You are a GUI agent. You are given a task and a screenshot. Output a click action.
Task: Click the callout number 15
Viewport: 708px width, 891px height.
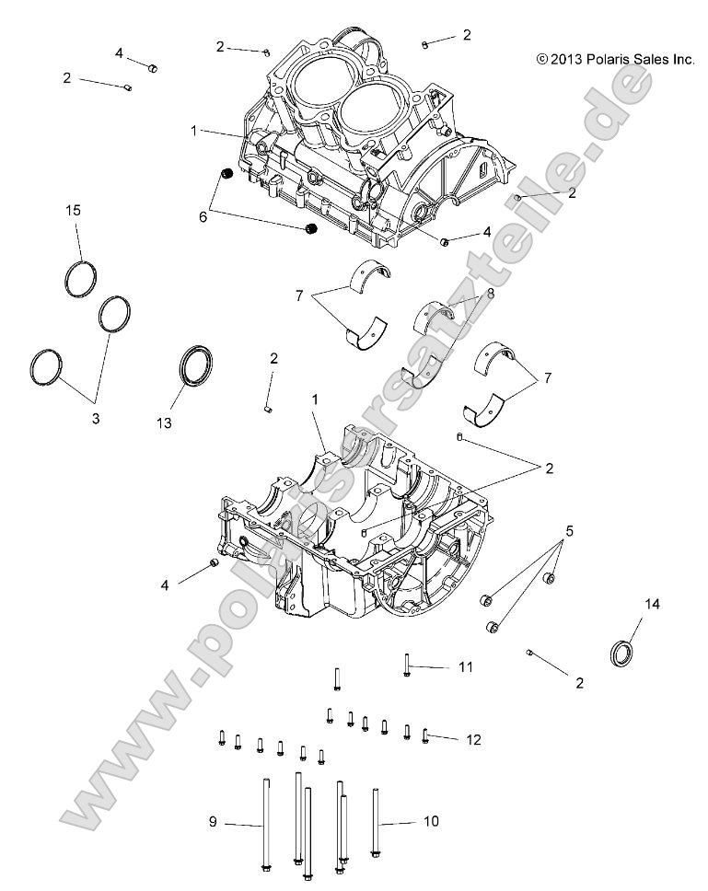click(73, 211)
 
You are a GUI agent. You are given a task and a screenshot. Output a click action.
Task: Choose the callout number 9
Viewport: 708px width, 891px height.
click(213, 822)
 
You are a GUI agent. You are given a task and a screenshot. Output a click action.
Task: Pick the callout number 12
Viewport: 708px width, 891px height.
click(473, 739)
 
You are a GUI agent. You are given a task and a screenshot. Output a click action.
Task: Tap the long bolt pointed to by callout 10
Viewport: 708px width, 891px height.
click(376, 822)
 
